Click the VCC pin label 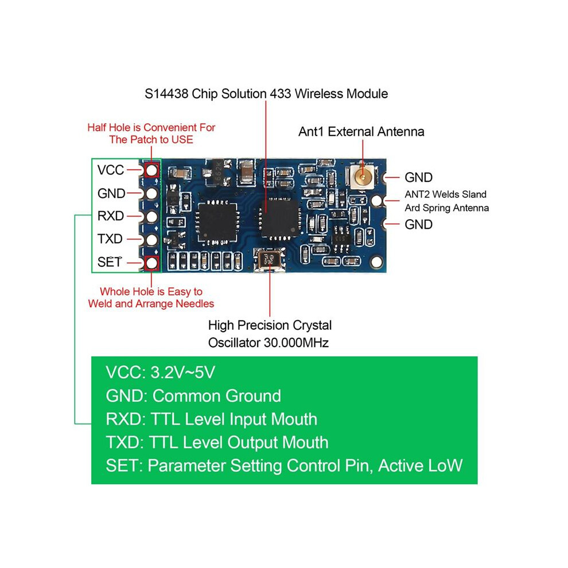point(111,170)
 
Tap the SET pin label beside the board point(110,262)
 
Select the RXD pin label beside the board point(111,216)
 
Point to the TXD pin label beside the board point(110,239)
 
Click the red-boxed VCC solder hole point(152,170)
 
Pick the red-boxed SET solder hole point(152,263)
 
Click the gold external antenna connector point(361,176)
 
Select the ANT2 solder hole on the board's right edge point(377,200)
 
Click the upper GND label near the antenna point(418,177)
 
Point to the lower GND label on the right point(418,224)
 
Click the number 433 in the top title point(281,94)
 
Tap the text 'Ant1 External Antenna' point(361,131)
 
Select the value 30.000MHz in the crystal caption point(296,343)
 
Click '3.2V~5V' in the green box point(182,372)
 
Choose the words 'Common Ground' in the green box point(217,396)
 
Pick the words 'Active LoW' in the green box point(420,465)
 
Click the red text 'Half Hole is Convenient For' point(151,127)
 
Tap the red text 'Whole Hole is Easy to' point(151,291)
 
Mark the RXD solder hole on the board point(152,217)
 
